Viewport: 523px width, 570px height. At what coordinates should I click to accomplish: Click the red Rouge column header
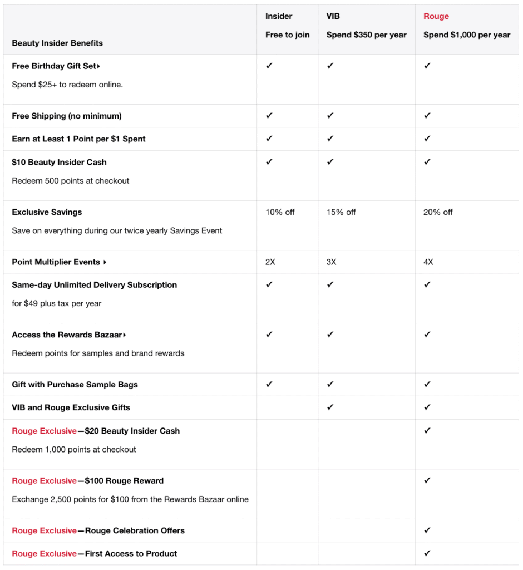pos(436,16)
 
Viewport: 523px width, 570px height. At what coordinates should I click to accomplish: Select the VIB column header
pos(333,16)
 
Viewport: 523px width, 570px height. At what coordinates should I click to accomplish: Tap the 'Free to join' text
pos(287,35)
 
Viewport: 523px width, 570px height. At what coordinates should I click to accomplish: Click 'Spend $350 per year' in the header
pos(366,35)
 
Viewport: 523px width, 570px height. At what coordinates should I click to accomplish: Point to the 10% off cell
pos(280,212)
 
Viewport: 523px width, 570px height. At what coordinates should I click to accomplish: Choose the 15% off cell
pos(341,212)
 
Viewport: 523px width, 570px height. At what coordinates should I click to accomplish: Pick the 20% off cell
pos(438,212)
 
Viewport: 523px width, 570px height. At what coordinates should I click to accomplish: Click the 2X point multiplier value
pos(270,262)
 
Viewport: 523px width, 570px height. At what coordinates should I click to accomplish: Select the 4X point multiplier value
pos(428,262)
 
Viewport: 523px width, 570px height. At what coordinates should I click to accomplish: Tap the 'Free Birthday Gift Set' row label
pos(54,66)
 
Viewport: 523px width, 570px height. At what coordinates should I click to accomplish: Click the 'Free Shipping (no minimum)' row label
pos(67,116)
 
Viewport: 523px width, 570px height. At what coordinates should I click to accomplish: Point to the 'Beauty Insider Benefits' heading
pos(57,43)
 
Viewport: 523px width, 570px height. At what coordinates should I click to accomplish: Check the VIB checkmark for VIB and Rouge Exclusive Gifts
pos(330,407)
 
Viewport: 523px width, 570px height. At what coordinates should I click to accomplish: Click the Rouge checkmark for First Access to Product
pos(427,553)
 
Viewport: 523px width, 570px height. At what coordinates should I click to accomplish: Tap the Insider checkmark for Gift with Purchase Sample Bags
pos(269,384)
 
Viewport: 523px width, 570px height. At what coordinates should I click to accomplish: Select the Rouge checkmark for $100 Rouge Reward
pos(427,480)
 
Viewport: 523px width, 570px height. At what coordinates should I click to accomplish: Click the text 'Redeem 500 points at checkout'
pos(71,181)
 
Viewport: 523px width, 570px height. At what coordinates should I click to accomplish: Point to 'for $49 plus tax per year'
pos(57,303)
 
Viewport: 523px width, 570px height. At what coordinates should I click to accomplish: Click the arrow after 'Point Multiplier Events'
pos(105,262)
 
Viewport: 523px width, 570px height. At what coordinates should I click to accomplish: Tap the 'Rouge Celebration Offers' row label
pos(135,530)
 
